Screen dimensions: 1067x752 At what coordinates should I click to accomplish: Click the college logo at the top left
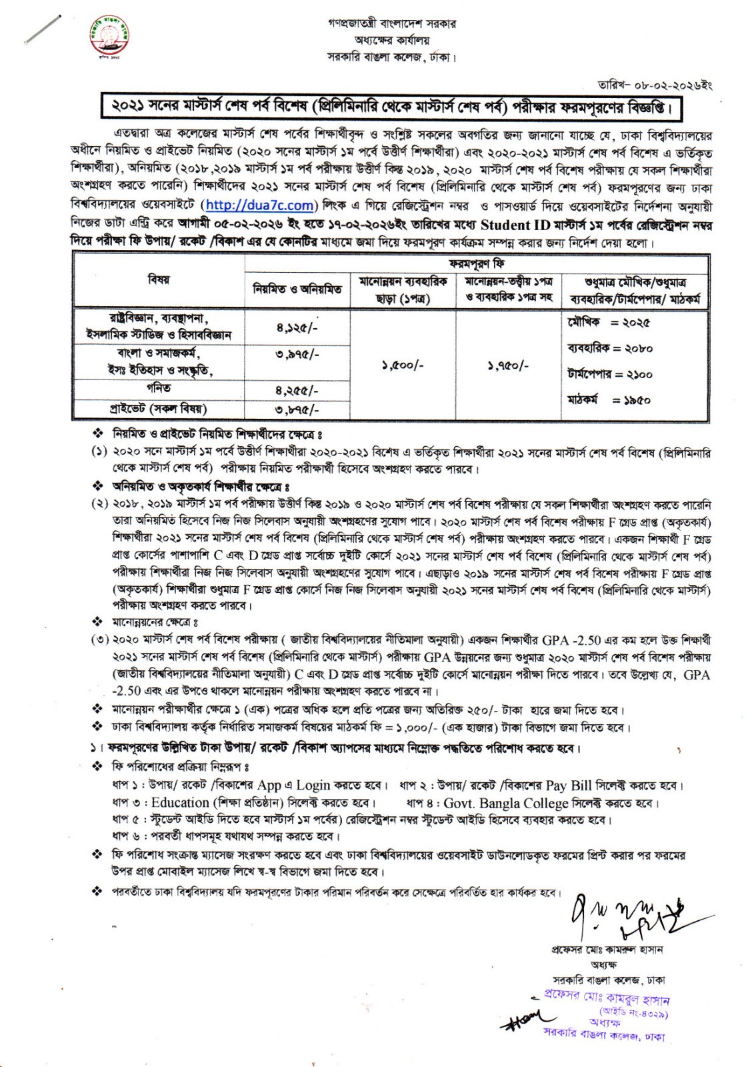click(110, 38)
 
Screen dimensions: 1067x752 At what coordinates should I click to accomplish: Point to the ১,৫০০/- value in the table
click(403, 365)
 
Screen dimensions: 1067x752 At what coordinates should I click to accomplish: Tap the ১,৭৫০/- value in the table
click(510, 365)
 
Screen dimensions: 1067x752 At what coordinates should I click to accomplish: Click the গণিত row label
click(159, 388)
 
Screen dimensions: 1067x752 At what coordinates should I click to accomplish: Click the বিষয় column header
click(159, 280)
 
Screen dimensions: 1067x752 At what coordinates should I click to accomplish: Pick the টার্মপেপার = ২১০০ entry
click(609, 374)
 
